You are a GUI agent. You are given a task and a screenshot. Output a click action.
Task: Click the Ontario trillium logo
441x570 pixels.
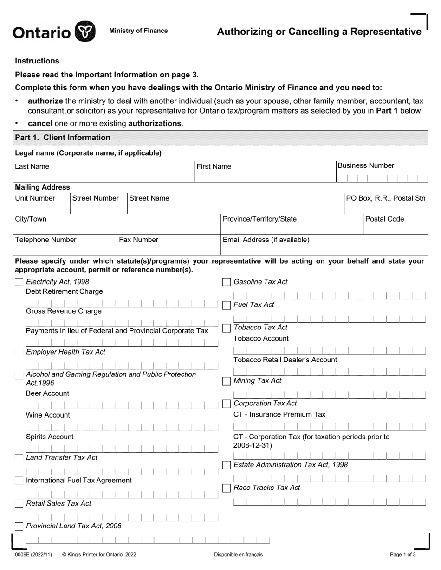[85, 32]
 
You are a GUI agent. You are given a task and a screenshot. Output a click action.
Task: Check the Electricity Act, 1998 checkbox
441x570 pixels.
[19, 282]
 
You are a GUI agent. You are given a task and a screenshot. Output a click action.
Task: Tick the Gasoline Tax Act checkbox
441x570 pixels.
[227, 282]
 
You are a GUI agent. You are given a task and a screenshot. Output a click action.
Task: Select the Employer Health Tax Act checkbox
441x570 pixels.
[19, 352]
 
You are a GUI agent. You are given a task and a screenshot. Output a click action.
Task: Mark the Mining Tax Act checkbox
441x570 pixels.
[227, 381]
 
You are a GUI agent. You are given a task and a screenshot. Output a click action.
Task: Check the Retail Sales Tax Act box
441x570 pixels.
[19, 504]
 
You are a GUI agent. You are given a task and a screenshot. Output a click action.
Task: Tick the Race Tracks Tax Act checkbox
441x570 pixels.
[227, 488]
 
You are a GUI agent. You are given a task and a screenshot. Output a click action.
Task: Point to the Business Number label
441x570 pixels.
[366, 165]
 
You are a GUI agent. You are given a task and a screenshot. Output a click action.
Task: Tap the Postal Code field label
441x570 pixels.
[385, 219]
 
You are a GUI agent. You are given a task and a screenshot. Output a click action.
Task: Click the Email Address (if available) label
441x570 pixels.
[266, 240]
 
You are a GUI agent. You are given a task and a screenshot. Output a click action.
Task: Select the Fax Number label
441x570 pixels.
[139, 240]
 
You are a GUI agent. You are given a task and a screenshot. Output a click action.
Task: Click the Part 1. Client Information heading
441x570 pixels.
[63, 138]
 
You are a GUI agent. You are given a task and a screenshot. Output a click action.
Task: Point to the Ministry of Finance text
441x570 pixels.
[138, 31]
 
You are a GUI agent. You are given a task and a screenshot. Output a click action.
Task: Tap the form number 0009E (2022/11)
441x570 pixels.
[33, 554]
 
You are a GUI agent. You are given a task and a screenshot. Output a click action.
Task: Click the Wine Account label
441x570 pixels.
[48, 415]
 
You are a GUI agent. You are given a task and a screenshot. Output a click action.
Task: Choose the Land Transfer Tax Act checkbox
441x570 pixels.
[19, 458]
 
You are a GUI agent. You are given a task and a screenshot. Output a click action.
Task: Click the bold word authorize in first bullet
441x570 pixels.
[45, 101]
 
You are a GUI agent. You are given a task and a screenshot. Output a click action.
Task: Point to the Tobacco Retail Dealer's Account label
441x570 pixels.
[285, 360]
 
